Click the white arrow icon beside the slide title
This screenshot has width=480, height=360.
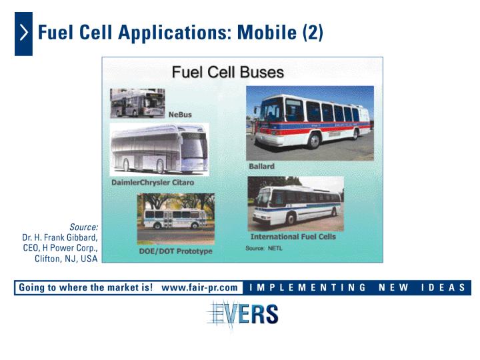click(24, 33)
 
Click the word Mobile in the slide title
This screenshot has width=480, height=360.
click(267, 32)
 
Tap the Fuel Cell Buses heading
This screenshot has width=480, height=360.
click(228, 72)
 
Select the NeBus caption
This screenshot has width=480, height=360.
click(180, 115)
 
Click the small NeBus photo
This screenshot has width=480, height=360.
click(137, 103)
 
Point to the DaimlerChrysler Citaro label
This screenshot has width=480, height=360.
click(153, 183)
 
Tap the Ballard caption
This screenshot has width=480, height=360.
click(261, 166)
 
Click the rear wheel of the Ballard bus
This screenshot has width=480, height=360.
click(356, 134)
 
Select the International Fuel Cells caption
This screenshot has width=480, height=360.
click(293, 237)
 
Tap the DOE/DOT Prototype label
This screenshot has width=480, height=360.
click(175, 251)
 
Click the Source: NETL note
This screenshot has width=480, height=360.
click(263, 248)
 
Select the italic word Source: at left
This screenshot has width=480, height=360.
click(83, 227)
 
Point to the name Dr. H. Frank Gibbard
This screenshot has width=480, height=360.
click(60, 237)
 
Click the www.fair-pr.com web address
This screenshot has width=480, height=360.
click(199, 287)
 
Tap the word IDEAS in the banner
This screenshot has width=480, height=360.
click(443, 287)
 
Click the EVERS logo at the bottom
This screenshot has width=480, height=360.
click(243, 315)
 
